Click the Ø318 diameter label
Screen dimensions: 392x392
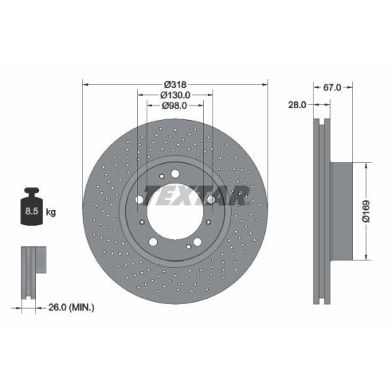pos(175,85)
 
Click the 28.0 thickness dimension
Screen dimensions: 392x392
pos(298,104)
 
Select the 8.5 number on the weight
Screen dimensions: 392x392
pos(31,212)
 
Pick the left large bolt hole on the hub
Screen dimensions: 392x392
pos(139,199)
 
